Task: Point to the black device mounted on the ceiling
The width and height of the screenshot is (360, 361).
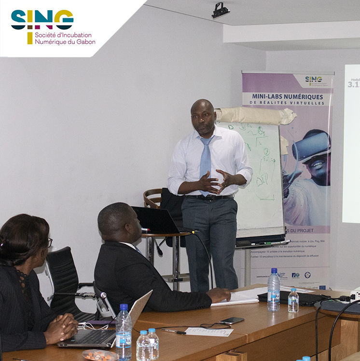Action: (x=221, y=10)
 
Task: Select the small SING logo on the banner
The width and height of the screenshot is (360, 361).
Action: (x=314, y=80)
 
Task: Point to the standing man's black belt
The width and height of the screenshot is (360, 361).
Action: (x=210, y=197)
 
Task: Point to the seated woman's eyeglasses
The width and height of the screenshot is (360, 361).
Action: (x=49, y=242)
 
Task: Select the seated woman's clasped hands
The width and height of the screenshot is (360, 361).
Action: (x=62, y=327)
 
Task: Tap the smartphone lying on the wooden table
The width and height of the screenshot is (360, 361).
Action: (x=232, y=321)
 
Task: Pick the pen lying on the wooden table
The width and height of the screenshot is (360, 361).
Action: (x=173, y=332)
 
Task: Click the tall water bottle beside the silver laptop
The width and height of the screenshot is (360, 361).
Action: (x=124, y=333)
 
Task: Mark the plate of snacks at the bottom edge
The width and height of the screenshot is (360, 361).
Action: (x=99, y=355)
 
